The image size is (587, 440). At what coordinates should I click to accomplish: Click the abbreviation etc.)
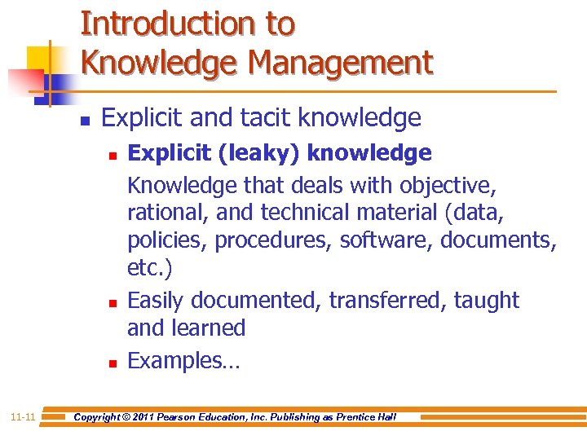coord(149,268)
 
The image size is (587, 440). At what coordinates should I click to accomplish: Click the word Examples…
coord(184,361)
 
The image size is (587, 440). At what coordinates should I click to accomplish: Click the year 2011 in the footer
coord(154,417)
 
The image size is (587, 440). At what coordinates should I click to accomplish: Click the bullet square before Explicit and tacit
coord(83,120)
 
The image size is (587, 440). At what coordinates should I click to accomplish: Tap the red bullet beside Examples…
coord(112,361)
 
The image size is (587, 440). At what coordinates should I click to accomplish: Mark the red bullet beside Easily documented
coord(112,301)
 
